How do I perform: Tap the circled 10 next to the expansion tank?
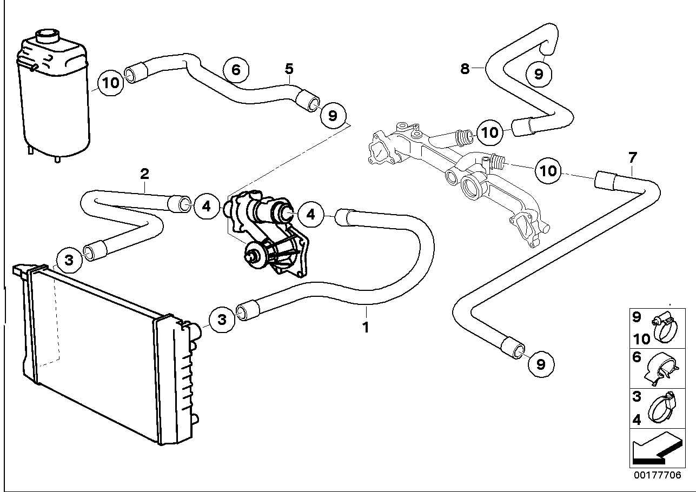tap(111, 83)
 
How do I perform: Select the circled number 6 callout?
tap(236, 70)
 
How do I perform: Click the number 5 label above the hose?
tap(289, 69)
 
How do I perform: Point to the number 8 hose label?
tap(465, 69)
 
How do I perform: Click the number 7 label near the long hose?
tap(633, 158)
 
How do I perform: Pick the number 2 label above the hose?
tap(144, 174)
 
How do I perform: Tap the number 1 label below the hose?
tap(366, 328)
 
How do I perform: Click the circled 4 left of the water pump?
tap(207, 206)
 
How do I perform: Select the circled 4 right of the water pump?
tap(311, 214)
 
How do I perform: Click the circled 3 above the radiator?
tap(69, 260)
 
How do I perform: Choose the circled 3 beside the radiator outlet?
tap(222, 320)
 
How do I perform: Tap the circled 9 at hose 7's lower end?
tap(541, 364)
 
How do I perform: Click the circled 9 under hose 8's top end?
tap(539, 74)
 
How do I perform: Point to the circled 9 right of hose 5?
tap(333, 116)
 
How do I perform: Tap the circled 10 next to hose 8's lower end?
tap(489, 132)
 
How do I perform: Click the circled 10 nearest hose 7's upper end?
tap(548, 171)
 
